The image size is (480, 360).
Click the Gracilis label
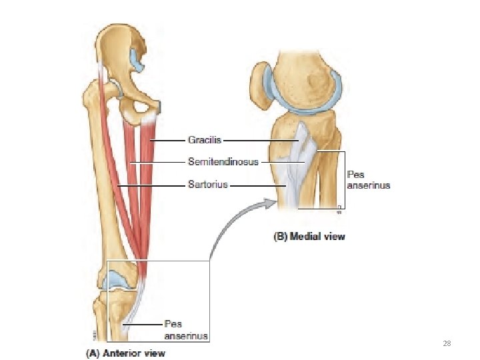pyautogui.click(x=204, y=141)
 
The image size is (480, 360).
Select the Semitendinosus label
pyautogui.click(x=223, y=161)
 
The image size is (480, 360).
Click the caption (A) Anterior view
pyautogui.click(x=125, y=353)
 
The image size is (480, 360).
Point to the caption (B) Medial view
pyautogui.click(x=310, y=236)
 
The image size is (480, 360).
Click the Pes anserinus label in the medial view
pyautogui.click(x=367, y=180)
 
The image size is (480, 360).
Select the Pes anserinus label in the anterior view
pyautogui.click(x=186, y=330)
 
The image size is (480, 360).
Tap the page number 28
pyautogui.click(x=447, y=343)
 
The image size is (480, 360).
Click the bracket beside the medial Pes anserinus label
pyautogui.click(x=344, y=180)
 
